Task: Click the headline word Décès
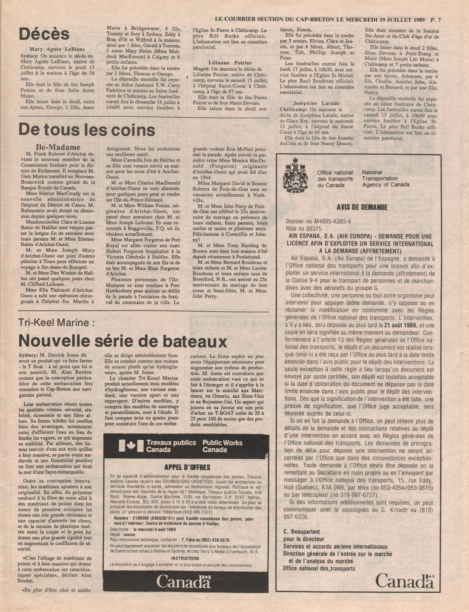(x=44, y=34)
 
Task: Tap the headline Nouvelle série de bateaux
(x=123, y=341)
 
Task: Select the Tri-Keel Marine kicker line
(x=56, y=323)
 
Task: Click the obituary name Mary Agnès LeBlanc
(x=57, y=49)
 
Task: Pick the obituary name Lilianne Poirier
(x=230, y=63)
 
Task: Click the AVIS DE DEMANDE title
(x=362, y=207)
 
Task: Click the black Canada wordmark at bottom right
(x=405, y=580)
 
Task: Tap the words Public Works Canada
(x=222, y=446)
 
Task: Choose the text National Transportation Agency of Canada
(x=385, y=178)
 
